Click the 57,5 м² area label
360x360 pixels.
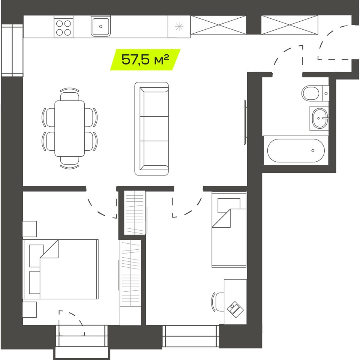click(x=145, y=60)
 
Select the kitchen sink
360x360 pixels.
click(x=100, y=27)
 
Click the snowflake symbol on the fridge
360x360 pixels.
click(x=179, y=27)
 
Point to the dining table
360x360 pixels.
click(x=70, y=129)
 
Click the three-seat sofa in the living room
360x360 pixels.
click(x=151, y=129)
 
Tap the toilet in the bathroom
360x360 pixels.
click(x=315, y=93)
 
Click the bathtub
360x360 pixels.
click(x=296, y=150)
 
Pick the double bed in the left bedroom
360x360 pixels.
click(x=61, y=269)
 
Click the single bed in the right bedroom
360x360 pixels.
click(x=229, y=229)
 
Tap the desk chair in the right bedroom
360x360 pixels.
click(x=218, y=301)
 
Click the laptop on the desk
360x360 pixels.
click(x=235, y=309)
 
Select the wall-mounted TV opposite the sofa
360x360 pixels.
click(x=245, y=122)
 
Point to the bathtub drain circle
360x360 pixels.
click(x=313, y=151)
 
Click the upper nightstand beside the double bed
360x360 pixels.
click(x=30, y=229)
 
